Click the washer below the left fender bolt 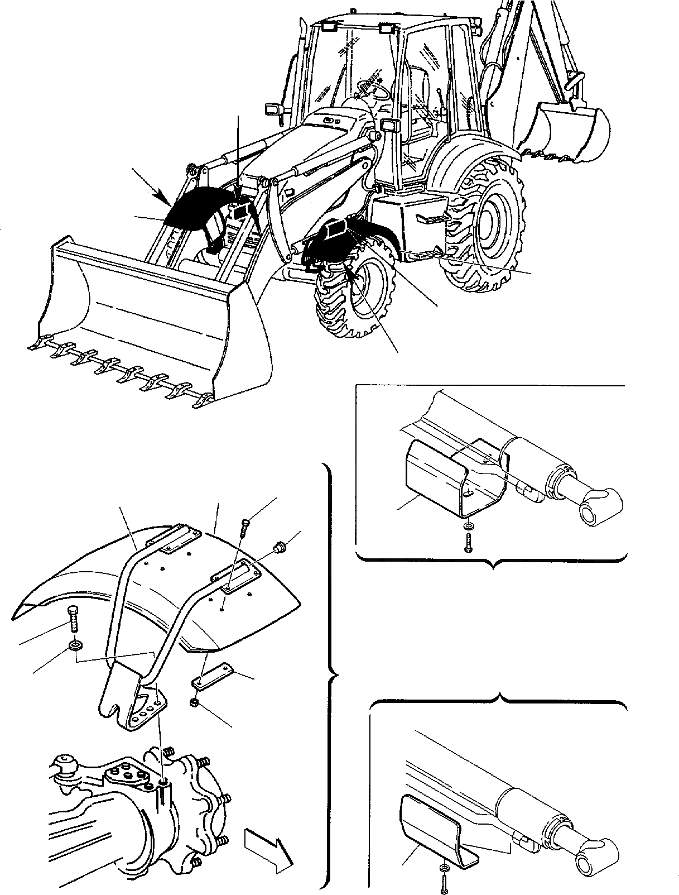(74, 646)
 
